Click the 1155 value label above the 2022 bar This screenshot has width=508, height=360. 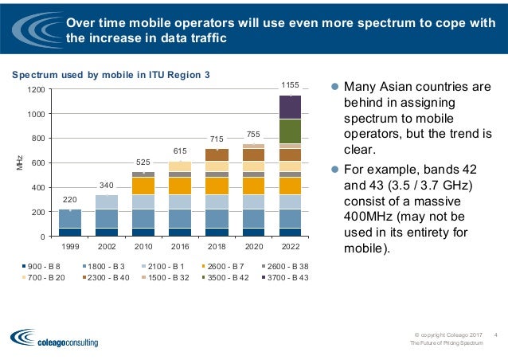pyautogui.click(x=290, y=84)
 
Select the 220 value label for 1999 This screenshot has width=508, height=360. pyautogui.click(x=70, y=200)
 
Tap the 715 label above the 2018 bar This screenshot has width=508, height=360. pyautogui.click(x=217, y=139)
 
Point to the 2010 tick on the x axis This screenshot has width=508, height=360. pyautogui.click(x=143, y=246)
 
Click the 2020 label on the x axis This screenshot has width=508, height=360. pyautogui.click(x=253, y=246)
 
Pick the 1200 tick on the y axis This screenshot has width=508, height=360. pyautogui.click(x=36, y=89)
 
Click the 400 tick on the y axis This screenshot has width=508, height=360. pyautogui.click(x=38, y=188)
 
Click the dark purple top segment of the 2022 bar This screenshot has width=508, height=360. pyautogui.click(x=290, y=107)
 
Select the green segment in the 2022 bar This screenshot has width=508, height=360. pyautogui.click(x=290, y=131)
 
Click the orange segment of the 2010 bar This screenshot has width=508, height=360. pyautogui.click(x=143, y=186)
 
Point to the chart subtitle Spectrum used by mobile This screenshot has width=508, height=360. pyautogui.click(x=110, y=76)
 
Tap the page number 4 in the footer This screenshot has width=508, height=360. pyautogui.click(x=495, y=334)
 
